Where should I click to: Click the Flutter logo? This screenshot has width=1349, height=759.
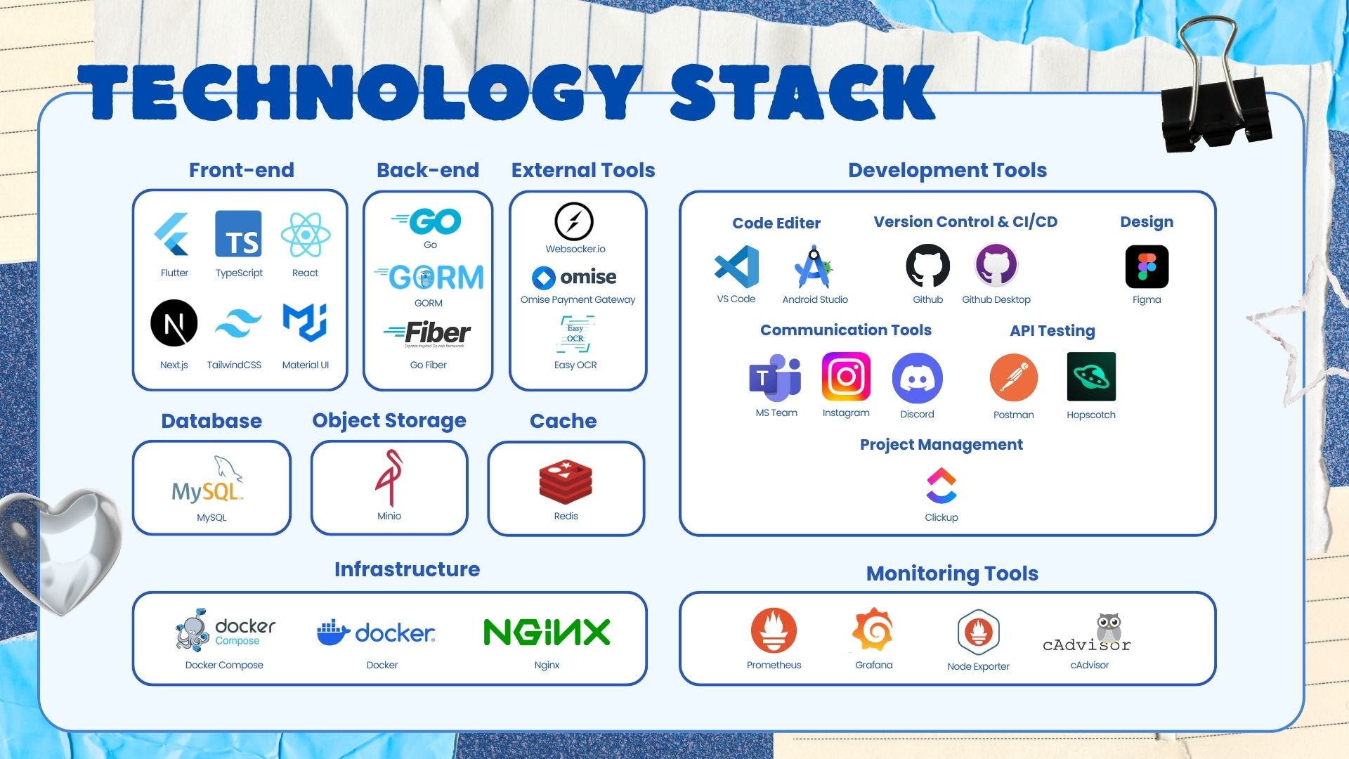point(172,235)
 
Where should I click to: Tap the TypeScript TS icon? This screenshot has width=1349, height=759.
point(238,234)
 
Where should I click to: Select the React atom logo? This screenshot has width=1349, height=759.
point(306,235)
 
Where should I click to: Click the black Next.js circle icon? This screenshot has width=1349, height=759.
point(174,323)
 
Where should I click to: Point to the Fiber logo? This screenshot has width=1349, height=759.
point(429,333)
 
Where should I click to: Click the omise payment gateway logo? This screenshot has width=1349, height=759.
point(575,277)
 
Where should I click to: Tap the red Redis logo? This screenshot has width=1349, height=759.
point(566,482)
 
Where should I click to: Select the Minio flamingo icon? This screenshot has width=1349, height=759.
point(389,478)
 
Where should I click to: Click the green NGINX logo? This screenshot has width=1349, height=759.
point(547,632)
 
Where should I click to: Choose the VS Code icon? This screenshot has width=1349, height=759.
point(736,267)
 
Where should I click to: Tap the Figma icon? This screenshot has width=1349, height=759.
point(1147,267)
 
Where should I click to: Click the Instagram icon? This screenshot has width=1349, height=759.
point(846,377)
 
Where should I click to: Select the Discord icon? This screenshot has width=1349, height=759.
point(917,378)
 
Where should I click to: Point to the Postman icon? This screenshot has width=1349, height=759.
point(1013,378)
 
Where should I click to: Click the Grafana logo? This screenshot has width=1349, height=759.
point(873,630)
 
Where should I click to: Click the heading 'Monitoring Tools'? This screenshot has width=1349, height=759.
point(952,573)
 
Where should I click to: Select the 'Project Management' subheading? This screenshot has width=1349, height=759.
point(941,445)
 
